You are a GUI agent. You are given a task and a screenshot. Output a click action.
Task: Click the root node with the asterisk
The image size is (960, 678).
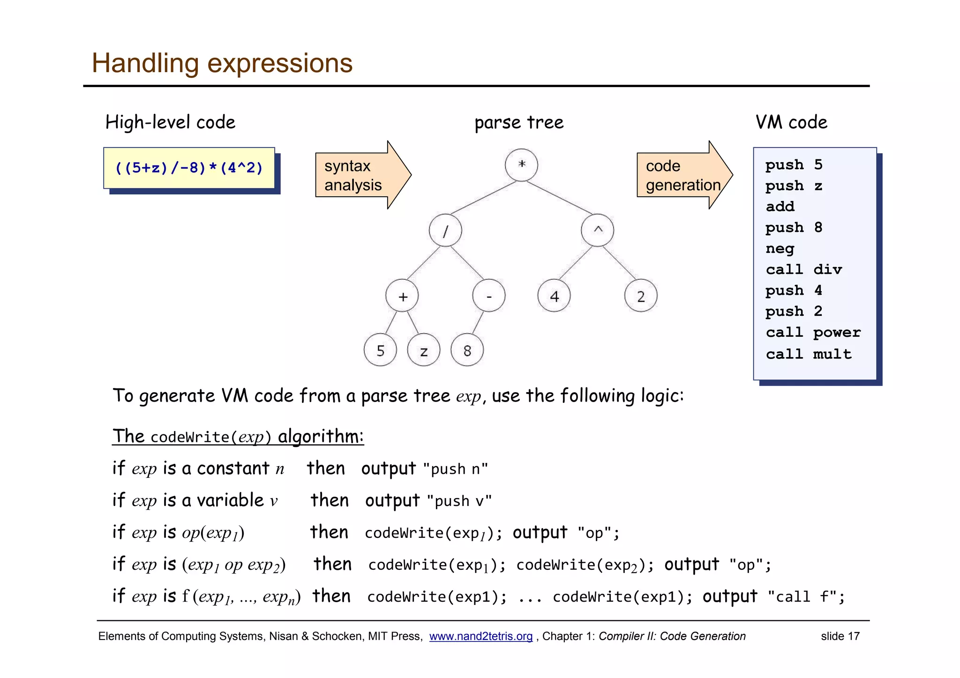(x=521, y=165)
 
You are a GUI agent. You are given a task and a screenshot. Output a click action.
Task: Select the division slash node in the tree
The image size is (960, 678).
(x=445, y=231)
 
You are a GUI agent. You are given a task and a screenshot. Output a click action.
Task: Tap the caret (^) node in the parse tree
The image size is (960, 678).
(x=597, y=231)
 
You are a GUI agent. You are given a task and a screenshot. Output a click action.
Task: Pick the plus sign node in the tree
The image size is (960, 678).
(x=402, y=296)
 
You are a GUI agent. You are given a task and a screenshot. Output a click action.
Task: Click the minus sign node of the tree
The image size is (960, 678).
(x=489, y=296)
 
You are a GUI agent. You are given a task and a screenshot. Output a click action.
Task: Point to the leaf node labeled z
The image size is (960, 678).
(x=424, y=350)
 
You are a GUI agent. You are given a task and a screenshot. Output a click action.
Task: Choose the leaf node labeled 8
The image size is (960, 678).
(x=467, y=350)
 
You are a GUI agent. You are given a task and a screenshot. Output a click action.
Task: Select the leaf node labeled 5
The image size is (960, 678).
(x=380, y=350)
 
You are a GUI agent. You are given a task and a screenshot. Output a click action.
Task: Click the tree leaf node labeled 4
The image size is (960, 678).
(x=554, y=296)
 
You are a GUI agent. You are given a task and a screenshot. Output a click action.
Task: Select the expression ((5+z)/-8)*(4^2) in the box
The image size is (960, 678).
(x=189, y=168)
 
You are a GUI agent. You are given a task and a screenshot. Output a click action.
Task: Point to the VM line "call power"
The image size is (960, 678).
(x=813, y=333)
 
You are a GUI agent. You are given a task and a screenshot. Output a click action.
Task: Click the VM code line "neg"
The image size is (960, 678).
(x=780, y=249)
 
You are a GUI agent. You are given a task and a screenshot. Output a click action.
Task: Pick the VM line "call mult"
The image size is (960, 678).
(x=808, y=354)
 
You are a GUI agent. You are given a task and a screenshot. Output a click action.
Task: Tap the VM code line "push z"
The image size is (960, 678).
(x=793, y=186)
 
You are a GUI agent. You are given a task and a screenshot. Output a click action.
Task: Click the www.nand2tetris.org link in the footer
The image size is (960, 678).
(x=480, y=636)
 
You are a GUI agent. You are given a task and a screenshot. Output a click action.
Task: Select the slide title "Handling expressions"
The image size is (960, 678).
(x=222, y=63)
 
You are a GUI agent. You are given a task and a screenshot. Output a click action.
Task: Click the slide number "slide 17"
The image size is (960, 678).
(x=840, y=636)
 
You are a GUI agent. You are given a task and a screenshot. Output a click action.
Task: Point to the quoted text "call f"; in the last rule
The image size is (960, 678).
(x=806, y=597)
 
